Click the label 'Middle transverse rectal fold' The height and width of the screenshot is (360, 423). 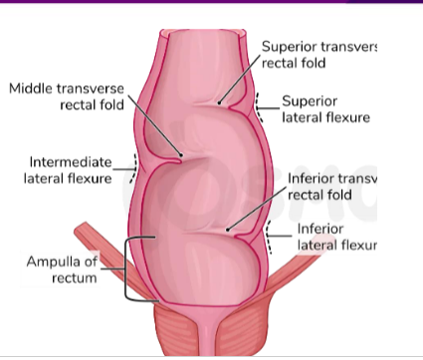[x=68, y=97]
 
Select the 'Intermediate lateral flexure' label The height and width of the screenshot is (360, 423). [x=67, y=170]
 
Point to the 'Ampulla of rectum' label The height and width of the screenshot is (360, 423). [x=61, y=270]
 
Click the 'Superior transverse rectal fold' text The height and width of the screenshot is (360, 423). [x=320, y=55]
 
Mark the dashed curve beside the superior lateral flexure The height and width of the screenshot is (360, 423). [x=260, y=107]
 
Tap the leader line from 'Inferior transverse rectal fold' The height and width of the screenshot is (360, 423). [x=260, y=204]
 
